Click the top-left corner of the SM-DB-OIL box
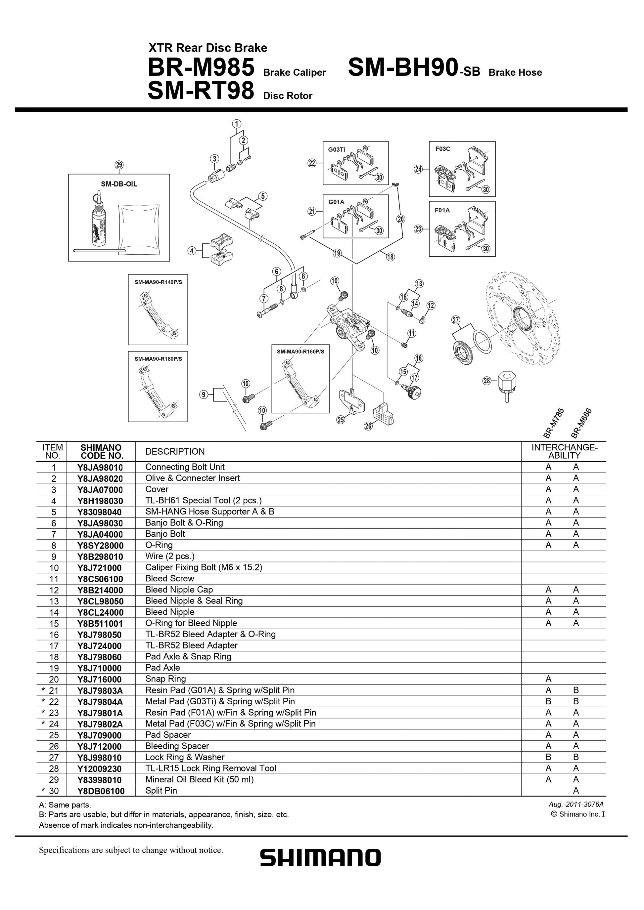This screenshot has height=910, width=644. pos(69,174)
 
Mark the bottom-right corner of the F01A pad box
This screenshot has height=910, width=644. pos(495,256)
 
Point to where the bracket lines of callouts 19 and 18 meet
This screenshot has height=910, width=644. pos(357,264)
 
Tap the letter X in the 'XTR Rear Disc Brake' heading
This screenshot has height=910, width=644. pos(152,48)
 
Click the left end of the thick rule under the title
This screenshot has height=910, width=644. pos(15,110)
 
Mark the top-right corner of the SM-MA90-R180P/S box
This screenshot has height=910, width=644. pos(188,351)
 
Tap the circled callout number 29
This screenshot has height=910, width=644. pos(118,165)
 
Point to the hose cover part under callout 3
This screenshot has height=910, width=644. pos(214,175)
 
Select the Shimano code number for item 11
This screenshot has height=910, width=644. pos(100,579)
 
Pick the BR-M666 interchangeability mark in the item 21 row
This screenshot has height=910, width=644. pos(576,690)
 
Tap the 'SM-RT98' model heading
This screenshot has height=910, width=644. pos(200,91)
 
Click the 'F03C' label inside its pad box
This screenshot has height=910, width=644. pos(442,149)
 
